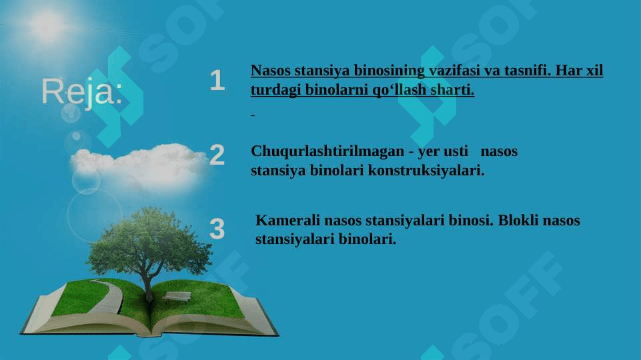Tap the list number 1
tap(217, 80)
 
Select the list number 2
tap(217, 155)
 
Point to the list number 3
tap(217, 229)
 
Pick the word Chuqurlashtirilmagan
tap(328, 151)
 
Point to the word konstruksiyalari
tap(426, 170)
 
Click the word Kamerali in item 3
tap(287, 220)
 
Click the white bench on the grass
tap(177, 296)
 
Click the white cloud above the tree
tap(139, 165)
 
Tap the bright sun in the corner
tap(47, 25)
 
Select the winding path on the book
tap(107, 297)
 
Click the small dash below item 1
tap(253, 115)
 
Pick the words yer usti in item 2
tap(443, 151)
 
